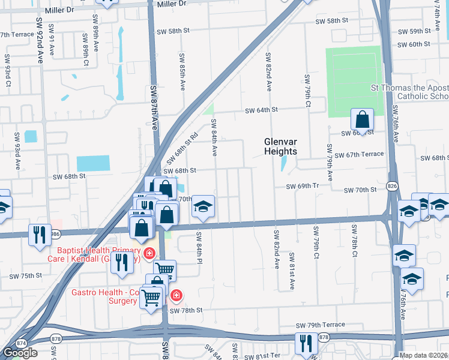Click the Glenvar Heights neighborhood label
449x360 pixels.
pos(281,146)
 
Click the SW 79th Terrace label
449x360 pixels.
pos(320,325)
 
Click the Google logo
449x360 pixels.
pos(20,353)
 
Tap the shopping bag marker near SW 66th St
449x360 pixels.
pos(362,119)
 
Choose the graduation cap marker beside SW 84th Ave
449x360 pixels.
pos(203,207)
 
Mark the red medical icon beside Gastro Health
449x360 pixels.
pos(176,295)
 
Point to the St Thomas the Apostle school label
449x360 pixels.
pos(409,92)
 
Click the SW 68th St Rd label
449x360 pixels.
pos(185,146)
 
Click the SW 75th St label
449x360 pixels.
pos(26,276)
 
